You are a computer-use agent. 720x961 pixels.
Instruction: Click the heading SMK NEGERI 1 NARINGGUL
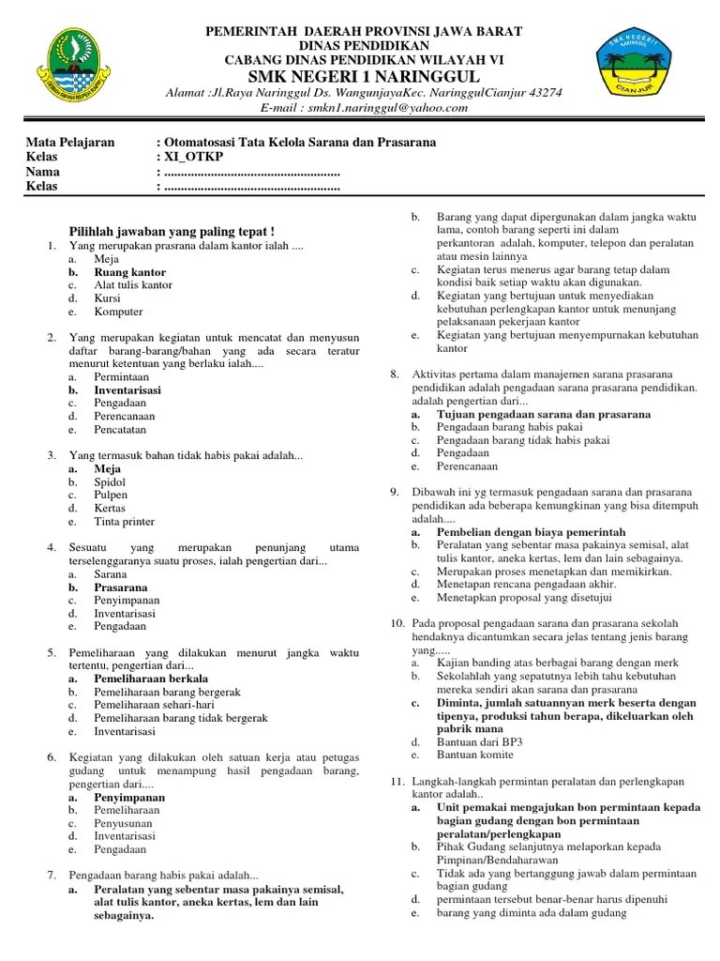364,75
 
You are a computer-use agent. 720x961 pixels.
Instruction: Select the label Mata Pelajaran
70,143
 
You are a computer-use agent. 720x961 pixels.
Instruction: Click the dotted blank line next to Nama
251,172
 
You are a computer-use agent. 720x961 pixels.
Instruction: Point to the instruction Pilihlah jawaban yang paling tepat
173,231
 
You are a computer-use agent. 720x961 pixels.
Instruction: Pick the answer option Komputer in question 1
118,312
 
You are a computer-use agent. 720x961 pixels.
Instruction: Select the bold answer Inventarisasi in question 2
127,389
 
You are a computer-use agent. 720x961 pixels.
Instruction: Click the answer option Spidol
110,481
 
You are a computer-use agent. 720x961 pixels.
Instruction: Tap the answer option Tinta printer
124,521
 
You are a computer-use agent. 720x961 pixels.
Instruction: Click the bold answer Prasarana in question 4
120,587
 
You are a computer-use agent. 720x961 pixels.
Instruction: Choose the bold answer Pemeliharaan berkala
150,678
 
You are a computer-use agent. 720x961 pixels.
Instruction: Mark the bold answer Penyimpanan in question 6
129,797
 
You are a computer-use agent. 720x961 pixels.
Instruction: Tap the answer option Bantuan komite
474,755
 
